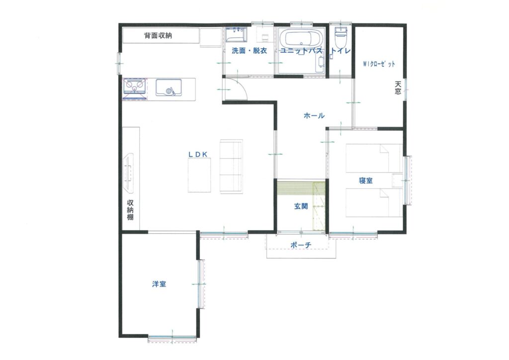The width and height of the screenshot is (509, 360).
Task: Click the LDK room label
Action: click(x=198, y=155)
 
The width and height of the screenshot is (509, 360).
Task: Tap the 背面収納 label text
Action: click(x=158, y=35)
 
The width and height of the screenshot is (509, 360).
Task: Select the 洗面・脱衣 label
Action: click(x=250, y=51)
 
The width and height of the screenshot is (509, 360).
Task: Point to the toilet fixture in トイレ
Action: click(x=341, y=37)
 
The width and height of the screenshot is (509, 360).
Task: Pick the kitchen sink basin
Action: click(x=169, y=88)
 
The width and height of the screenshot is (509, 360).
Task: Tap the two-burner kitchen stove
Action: click(x=135, y=86)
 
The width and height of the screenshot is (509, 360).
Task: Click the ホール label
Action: click(x=314, y=115)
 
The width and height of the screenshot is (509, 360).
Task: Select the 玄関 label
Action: click(x=301, y=206)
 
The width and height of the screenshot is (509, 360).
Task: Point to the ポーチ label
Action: click(x=301, y=245)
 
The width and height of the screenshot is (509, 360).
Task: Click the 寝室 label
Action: click(x=366, y=180)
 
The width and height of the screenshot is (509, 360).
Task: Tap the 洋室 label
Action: click(x=159, y=284)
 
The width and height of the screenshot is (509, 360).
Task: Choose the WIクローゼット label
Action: click(x=379, y=64)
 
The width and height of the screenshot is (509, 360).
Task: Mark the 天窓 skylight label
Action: click(x=398, y=88)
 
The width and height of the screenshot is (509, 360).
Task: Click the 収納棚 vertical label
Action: click(x=130, y=210)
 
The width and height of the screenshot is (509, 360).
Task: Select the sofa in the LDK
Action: click(x=231, y=167)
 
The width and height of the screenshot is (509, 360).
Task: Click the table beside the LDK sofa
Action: click(x=199, y=175)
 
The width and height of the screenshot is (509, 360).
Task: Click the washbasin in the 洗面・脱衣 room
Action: click(x=236, y=35)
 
